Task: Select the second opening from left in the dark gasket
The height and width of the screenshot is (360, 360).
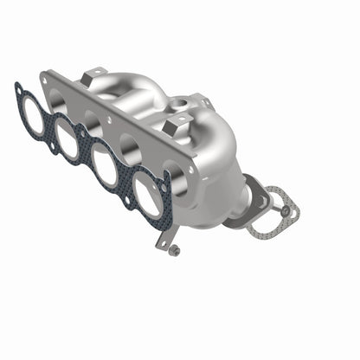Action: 67,136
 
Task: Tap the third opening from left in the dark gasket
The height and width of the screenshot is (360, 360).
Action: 105,164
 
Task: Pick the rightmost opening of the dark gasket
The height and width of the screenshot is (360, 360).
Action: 147,195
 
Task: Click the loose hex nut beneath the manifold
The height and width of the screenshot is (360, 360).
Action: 176,251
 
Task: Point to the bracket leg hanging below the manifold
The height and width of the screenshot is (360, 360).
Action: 163,238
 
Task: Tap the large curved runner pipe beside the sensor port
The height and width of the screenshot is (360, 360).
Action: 138,91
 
